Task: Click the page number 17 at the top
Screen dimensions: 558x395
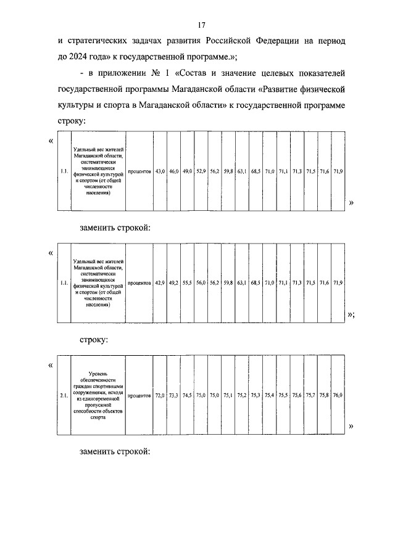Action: point(201,25)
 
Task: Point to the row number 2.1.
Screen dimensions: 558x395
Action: point(64,395)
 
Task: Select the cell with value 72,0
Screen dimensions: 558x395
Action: point(160,395)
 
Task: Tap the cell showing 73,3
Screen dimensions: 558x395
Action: point(173,395)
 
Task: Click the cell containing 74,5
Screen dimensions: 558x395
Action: point(187,395)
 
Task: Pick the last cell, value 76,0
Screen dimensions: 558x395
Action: point(338,395)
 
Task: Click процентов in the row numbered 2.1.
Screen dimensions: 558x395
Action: point(139,395)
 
